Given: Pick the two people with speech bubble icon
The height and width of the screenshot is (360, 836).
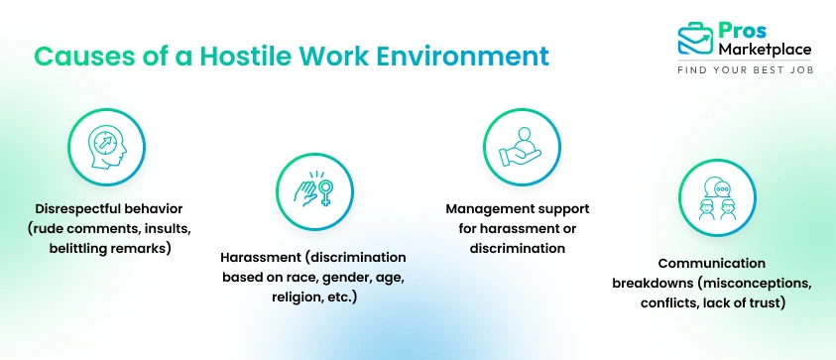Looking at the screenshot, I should coord(714,199).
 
